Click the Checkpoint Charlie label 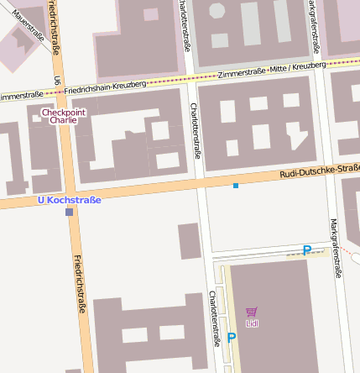click(64, 116)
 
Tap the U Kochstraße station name click(70, 200)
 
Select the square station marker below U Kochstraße click(69, 213)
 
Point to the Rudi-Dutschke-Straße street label click(320, 171)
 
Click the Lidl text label click(252, 323)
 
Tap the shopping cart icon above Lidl click(252, 312)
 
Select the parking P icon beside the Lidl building click(232, 338)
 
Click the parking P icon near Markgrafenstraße click(307, 250)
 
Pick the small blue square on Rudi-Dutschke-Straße click(236, 185)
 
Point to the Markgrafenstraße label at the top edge click(312, 24)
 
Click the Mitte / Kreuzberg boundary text click(296, 66)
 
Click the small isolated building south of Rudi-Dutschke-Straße click(190, 241)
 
